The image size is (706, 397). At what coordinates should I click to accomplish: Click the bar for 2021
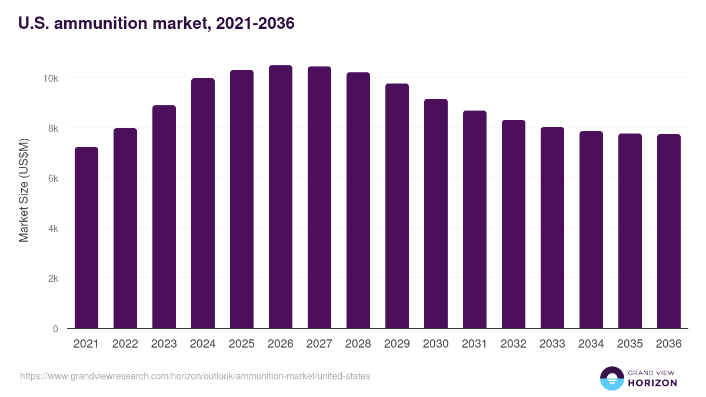[x=86, y=238]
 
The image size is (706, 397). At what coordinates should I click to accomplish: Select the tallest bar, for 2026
[x=281, y=197]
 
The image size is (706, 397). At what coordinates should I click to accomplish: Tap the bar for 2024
[x=203, y=203]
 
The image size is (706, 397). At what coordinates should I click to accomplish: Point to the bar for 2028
[x=358, y=201]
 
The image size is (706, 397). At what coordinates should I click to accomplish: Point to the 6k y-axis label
[x=52, y=178]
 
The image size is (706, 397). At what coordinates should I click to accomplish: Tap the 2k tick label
[x=52, y=278]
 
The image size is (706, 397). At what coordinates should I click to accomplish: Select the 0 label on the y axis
[x=55, y=329]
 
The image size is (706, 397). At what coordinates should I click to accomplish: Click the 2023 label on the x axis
[x=164, y=344]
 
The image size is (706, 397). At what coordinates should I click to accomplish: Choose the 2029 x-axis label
[x=397, y=344]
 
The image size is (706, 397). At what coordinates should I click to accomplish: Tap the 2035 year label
[x=630, y=344]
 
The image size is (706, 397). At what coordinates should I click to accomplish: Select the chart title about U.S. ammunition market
[x=156, y=24]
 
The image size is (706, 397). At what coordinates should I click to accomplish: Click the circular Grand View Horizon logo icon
[x=611, y=378]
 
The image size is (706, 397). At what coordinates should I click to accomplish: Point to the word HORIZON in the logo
[x=652, y=383]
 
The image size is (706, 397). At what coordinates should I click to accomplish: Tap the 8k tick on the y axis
[x=52, y=128]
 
